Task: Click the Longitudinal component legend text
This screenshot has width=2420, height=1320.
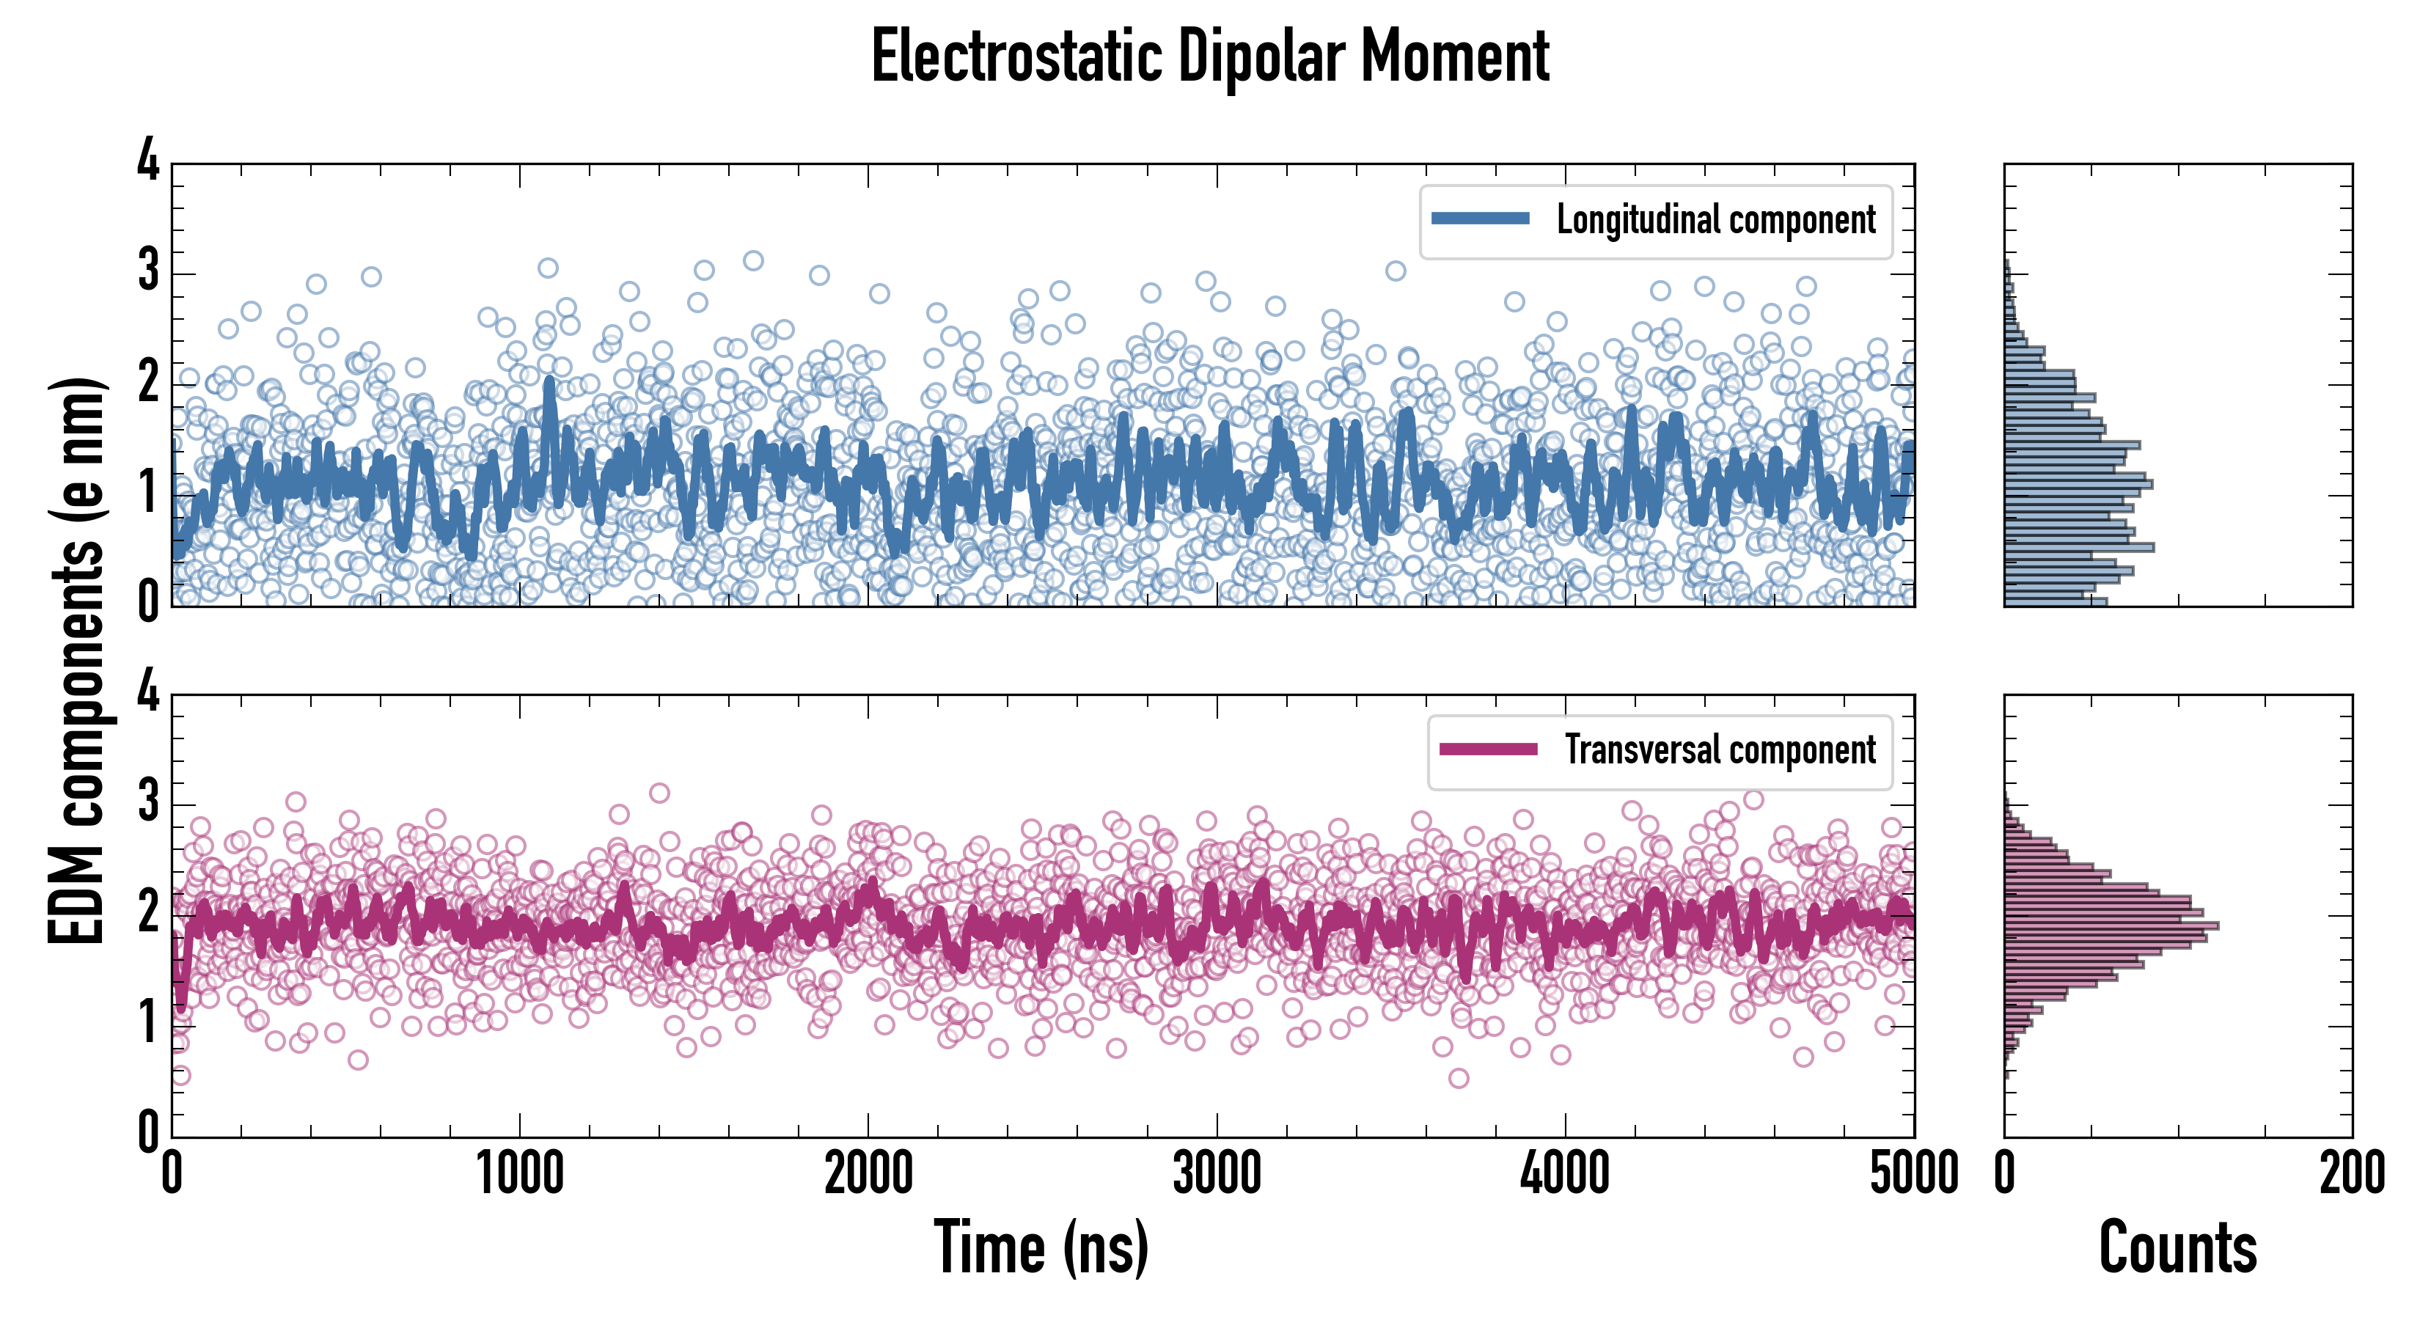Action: pos(1715,220)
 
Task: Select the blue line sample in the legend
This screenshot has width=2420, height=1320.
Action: pos(1480,219)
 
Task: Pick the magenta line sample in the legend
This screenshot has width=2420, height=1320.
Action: pos(1488,749)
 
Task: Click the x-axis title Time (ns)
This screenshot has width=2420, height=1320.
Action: pos(1041,1247)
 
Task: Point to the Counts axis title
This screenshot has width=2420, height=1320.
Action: pos(2177,1247)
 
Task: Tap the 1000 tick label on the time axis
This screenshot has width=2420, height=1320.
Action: pos(519,1173)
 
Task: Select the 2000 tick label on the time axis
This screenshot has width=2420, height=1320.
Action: pos(868,1173)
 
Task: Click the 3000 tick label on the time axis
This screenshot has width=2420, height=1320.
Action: pos(1217,1173)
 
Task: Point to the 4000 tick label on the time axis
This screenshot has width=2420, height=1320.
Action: pos(1565,1173)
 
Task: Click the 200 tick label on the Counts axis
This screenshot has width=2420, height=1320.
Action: pos(2351,1173)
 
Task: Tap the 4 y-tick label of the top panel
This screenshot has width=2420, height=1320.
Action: pos(148,161)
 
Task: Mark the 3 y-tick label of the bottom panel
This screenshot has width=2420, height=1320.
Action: pos(148,802)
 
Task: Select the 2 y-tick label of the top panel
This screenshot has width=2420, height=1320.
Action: pos(148,382)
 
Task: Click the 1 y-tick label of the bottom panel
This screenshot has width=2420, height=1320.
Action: pos(148,1022)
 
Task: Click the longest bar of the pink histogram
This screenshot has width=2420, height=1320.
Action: pos(2111,926)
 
